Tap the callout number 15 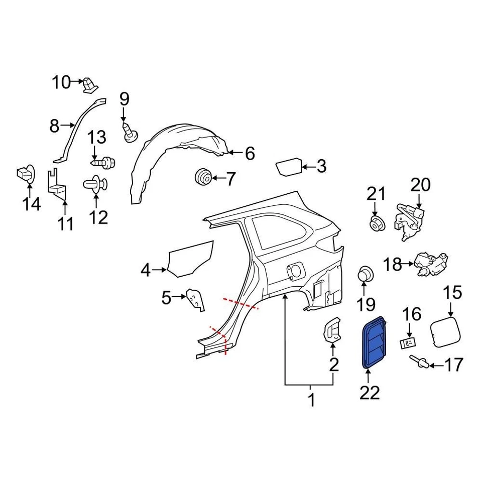pyautogui.click(x=453, y=293)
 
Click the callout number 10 pyautogui.click(x=62, y=81)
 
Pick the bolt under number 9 pyautogui.click(x=130, y=132)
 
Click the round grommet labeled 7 pyautogui.click(x=202, y=177)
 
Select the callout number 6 pyautogui.click(x=250, y=153)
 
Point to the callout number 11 pyautogui.click(x=65, y=223)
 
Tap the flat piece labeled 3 pyautogui.click(x=289, y=166)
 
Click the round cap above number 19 pyautogui.click(x=366, y=275)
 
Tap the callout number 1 pyautogui.click(x=311, y=401)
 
